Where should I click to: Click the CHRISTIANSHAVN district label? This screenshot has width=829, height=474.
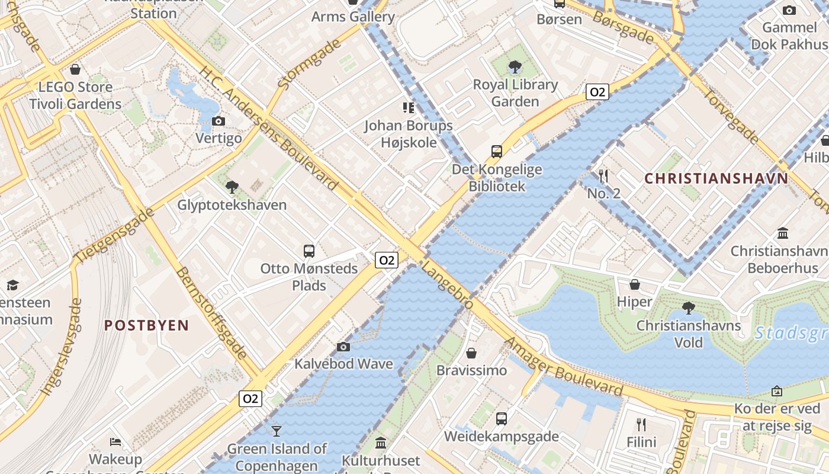(716, 178)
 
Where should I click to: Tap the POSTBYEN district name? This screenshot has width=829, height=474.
(147, 325)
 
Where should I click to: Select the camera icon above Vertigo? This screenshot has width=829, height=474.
(219, 121)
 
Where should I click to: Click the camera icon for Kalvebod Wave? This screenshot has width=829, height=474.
(343, 347)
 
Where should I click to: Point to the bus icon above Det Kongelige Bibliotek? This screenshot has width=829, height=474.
(497, 152)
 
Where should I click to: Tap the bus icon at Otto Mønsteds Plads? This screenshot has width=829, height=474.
(309, 251)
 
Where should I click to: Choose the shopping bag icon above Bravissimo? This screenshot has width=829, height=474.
(471, 353)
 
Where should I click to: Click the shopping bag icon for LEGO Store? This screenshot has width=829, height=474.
(75, 70)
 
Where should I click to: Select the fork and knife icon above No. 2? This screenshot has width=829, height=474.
(603, 176)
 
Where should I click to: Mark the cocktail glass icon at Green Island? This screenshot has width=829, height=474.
(277, 431)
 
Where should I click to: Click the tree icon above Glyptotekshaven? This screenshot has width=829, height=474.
(232, 187)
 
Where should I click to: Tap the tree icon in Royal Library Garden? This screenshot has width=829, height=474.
(515, 67)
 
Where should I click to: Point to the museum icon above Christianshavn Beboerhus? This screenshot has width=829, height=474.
(783, 233)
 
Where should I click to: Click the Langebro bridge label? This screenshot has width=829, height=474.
(447, 286)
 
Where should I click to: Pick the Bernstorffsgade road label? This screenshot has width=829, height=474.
(211, 313)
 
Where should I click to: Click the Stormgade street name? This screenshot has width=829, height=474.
(309, 65)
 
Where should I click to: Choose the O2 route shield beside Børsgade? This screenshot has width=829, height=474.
(597, 92)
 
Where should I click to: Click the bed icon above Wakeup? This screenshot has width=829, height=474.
(116, 442)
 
